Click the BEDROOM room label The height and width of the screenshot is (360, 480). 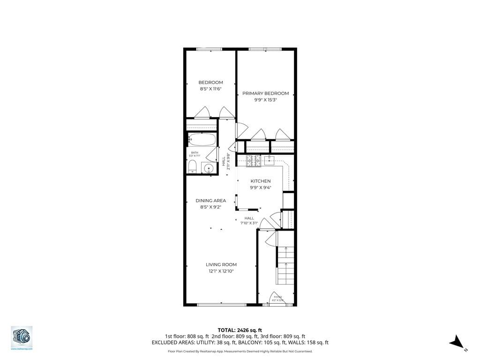point(210,82)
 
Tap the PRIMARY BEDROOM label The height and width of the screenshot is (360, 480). point(265,93)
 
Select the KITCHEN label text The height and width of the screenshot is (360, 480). point(260,181)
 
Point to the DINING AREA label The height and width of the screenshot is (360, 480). point(210,201)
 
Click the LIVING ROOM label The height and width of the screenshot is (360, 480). point(221,264)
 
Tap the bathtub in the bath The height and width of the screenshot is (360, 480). point(202,140)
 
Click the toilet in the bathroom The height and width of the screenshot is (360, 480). point(192,167)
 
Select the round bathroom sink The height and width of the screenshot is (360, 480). point(209,168)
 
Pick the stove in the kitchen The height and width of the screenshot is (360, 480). point(253,161)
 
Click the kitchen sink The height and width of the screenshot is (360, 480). point(270,160)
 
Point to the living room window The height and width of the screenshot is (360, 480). point(222,305)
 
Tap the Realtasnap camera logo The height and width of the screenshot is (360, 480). point(22,337)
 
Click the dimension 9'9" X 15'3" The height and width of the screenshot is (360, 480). point(265,100)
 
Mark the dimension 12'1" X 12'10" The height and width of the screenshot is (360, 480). point(221,271)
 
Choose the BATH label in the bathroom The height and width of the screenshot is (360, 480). point(194,152)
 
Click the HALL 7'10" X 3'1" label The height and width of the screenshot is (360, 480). point(249,220)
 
